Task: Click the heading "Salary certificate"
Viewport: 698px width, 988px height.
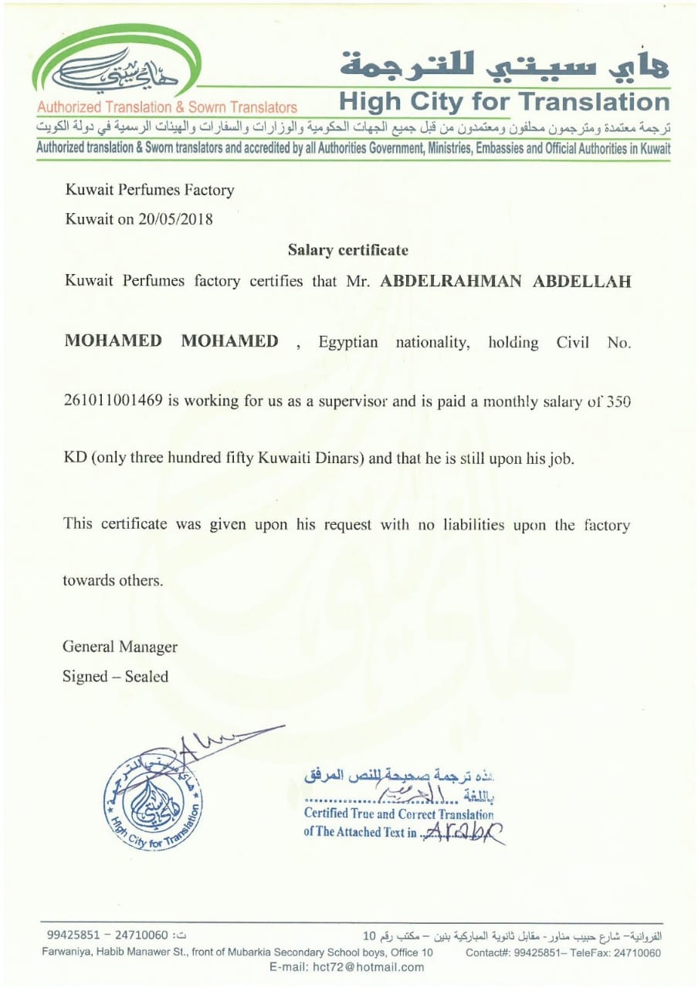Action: pyautogui.click(x=347, y=250)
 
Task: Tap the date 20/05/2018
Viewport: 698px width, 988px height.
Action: pyautogui.click(x=177, y=218)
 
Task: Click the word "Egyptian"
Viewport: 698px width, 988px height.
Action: pyautogui.click(x=347, y=343)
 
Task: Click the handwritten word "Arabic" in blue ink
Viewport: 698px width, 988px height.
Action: pyautogui.click(x=463, y=831)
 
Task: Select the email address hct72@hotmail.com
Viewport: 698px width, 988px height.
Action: pyautogui.click(x=347, y=967)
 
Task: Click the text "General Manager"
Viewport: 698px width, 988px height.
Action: pyautogui.click(x=120, y=647)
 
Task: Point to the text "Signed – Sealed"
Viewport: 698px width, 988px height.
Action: pyautogui.click(x=115, y=677)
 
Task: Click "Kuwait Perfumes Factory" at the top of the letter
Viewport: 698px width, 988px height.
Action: pyautogui.click(x=150, y=189)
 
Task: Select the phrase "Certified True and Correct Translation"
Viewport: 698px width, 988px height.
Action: pyautogui.click(x=398, y=814)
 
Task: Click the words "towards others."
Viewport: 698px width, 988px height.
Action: pyautogui.click(x=113, y=580)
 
